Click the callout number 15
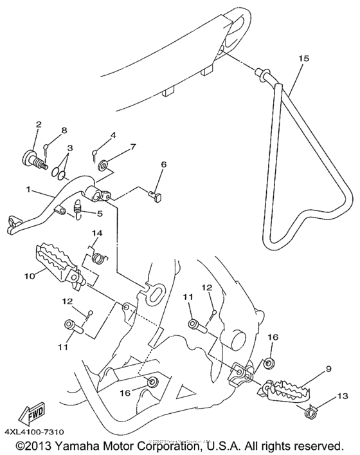click(303, 58)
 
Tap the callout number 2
click(38, 124)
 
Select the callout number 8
click(64, 130)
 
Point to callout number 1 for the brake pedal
click(28, 191)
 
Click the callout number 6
click(163, 165)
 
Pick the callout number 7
click(132, 147)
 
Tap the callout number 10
click(29, 276)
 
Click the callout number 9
click(328, 369)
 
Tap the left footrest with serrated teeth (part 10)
click(62, 262)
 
